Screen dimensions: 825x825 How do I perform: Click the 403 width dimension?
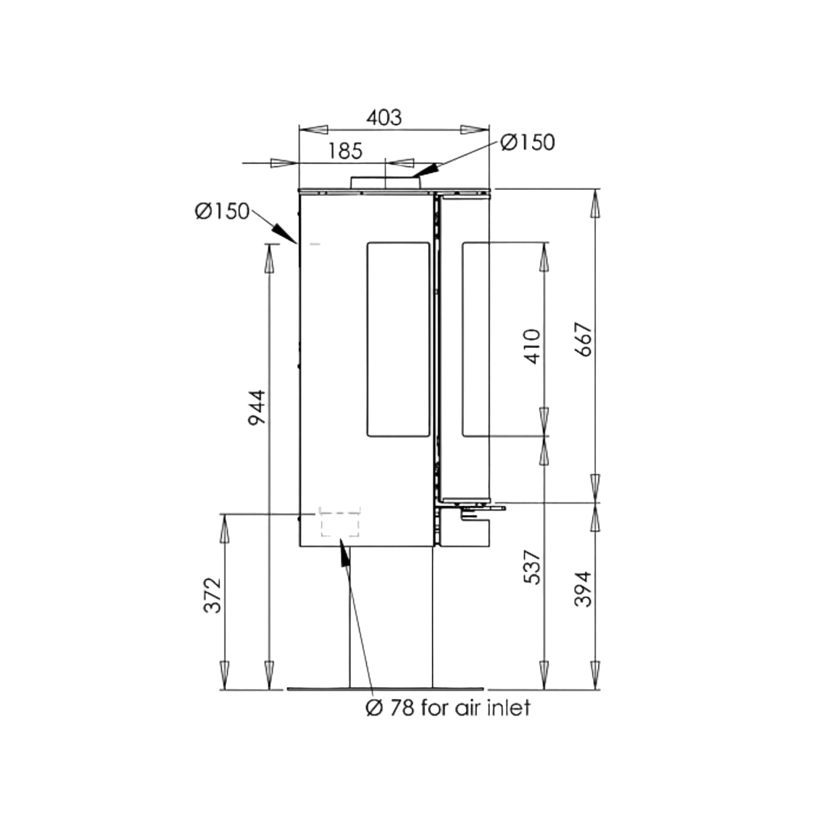pyautogui.click(x=384, y=118)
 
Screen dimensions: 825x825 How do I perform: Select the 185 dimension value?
pyautogui.click(x=345, y=151)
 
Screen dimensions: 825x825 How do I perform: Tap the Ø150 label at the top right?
pyautogui.click(x=528, y=142)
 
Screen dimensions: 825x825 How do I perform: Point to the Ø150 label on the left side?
pyautogui.click(x=222, y=211)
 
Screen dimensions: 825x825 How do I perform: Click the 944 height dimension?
pyautogui.click(x=257, y=407)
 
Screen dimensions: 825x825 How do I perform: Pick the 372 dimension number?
pyautogui.click(x=212, y=596)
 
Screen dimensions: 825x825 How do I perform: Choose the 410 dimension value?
pyautogui.click(x=533, y=346)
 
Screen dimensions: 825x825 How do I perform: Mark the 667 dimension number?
pyautogui.click(x=583, y=339)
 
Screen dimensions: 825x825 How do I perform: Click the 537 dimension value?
pyautogui.click(x=533, y=567)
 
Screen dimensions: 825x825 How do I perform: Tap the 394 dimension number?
pyautogui.click(x=583, y=589)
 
